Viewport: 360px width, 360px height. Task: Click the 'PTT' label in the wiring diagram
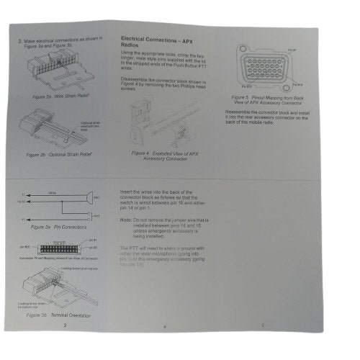(x=96, y=215)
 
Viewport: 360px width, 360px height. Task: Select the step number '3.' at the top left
(x=19, y=41)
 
